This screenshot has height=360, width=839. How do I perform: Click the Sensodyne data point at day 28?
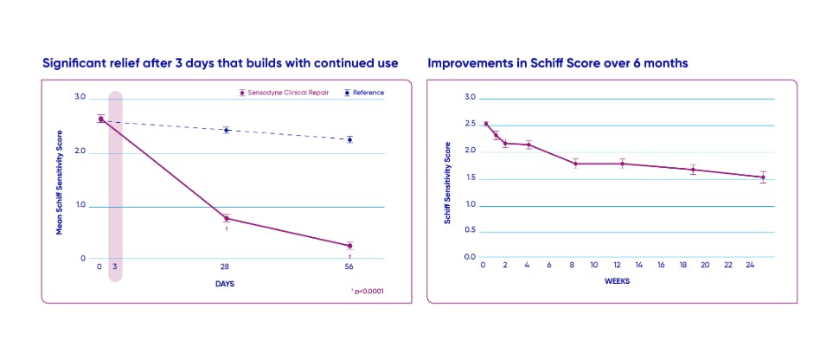point(227,218)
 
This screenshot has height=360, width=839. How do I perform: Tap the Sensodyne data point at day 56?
point(349,246)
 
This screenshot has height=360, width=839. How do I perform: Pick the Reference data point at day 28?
point(227,130)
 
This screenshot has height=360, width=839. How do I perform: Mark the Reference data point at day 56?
point(349,139)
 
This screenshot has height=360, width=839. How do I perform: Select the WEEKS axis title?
point(617,281)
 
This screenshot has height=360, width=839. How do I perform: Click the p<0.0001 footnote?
point(367,292)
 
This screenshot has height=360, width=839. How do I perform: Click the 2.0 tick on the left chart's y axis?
point(81,151)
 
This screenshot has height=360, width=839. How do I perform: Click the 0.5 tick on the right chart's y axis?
point(471,231)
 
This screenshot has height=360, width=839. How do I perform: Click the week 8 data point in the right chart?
point(575,164)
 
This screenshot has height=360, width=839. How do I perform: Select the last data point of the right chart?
point(762,177)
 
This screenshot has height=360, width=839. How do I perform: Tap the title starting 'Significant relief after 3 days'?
point(220,63)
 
